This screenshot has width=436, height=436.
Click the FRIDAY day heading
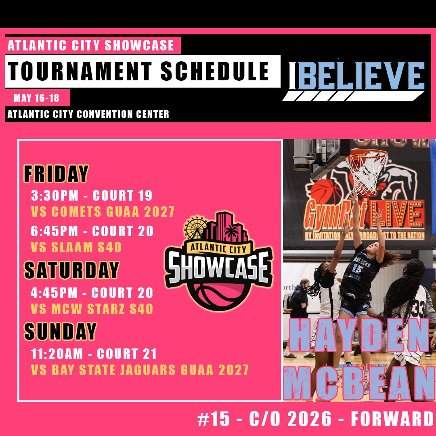56,174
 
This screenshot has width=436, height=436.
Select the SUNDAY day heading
60,331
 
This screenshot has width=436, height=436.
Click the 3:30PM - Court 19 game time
92,196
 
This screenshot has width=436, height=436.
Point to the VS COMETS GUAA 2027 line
103,212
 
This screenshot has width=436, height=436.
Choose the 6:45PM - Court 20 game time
92,231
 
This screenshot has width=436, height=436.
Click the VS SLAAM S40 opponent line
76,247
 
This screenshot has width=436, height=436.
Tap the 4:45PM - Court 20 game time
92,293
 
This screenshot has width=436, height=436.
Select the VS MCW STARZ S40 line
92,309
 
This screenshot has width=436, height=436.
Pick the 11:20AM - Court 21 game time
94,354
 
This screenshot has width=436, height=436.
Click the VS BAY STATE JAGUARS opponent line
140,369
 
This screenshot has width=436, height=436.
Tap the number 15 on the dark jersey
356,268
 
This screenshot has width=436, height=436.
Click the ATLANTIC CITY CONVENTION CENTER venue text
88,114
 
